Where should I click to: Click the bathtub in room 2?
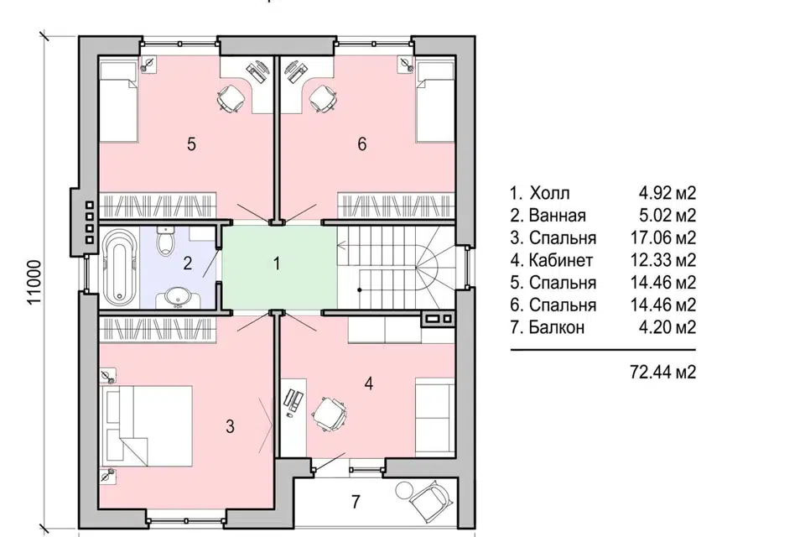click(120, 264)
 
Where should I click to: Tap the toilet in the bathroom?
click(165, 240)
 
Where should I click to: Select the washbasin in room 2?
click(178, 298)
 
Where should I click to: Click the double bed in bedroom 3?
click(148, 426)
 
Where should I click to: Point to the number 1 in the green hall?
click(277, 263)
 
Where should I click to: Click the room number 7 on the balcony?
click(356, 501)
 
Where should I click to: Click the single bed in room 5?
click(118, 102)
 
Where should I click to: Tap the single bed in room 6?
click(435, 102)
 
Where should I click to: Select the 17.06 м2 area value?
click(662, 237)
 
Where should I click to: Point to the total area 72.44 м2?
click(662, 372)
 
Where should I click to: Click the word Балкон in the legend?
click(557, 327)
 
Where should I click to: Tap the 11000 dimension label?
click(34, 282)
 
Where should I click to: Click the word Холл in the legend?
click(549, 193)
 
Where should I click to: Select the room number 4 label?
click(369, 383)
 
